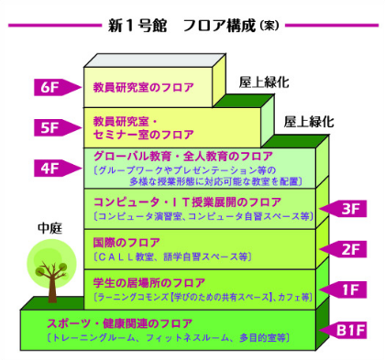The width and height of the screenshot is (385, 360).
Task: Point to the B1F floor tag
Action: [349, 330]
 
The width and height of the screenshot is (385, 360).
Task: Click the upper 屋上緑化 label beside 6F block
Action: [263, 82]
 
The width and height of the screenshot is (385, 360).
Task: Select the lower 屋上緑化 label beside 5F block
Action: [308, 120]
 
